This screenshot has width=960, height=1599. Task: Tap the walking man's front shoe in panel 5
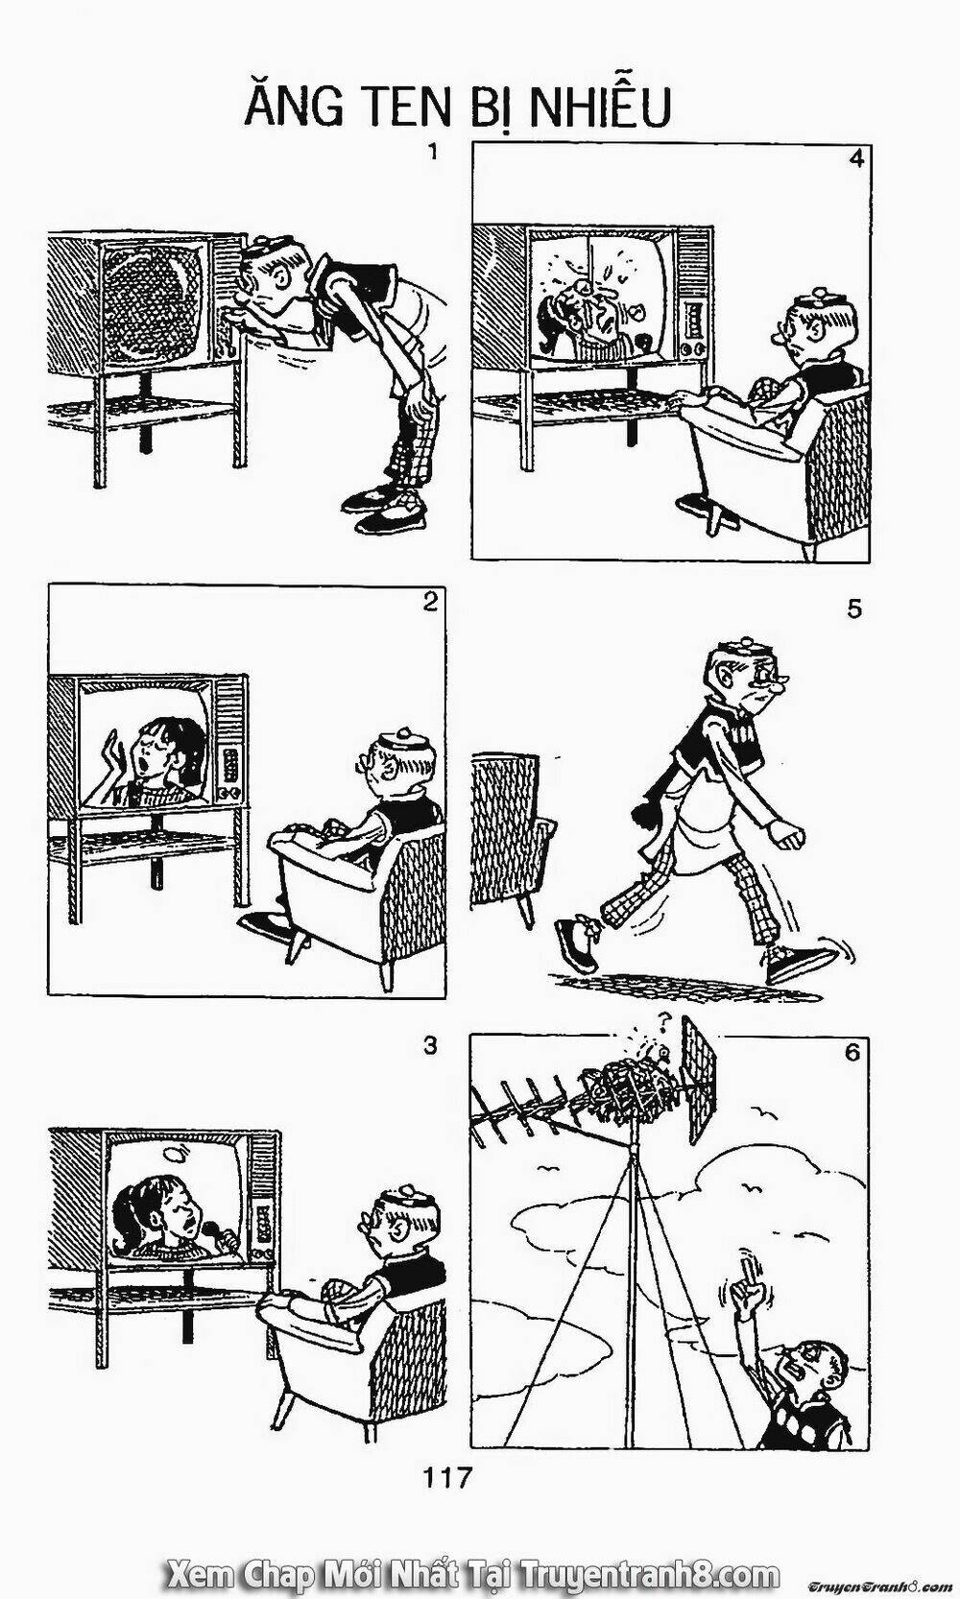(797, 961)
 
